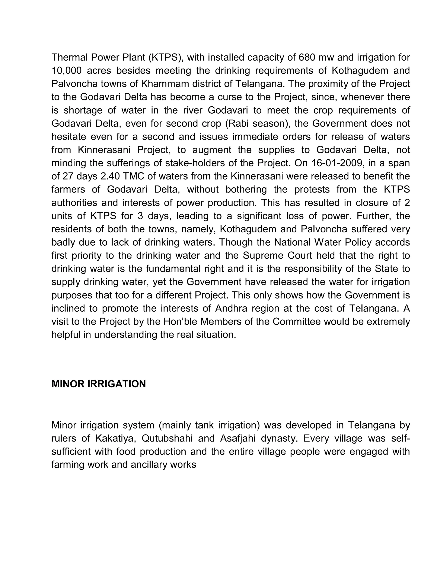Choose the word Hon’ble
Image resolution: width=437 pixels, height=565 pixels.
181,322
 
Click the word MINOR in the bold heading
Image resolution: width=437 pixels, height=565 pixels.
68,384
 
